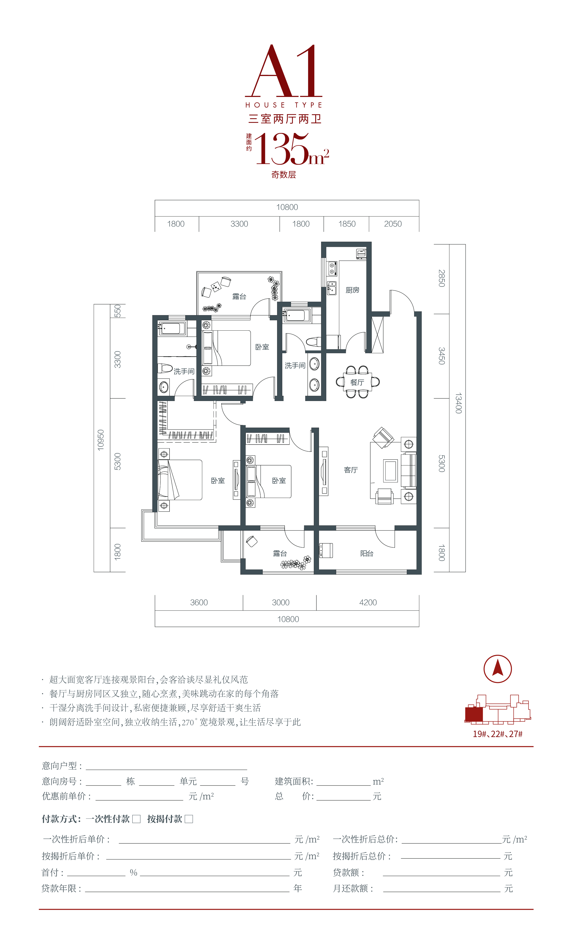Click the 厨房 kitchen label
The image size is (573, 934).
pos(352,290)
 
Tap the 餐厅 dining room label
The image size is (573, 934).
pos(357,382)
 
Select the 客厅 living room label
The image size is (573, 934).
pos(351,470)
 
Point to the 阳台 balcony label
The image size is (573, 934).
pos(367,553)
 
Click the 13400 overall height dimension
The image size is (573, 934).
pos(458,403)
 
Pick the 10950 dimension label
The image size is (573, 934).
pos(101,440)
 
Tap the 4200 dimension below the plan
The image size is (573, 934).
pos(368,602)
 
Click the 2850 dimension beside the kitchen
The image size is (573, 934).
pos(441,278)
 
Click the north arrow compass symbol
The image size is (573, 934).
pos(497,669)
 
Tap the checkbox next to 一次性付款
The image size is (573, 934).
pos(137,819)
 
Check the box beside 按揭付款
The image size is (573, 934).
pos(189,819)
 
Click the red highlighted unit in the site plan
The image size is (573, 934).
pos(474,714)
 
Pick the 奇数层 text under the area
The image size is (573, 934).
pos(284,175)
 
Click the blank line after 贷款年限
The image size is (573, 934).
pos(187,892)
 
